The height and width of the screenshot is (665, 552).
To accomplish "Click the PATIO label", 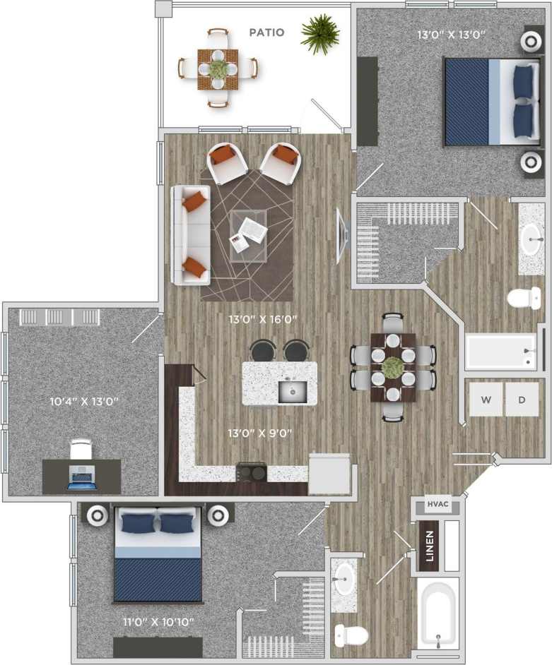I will point(266,32).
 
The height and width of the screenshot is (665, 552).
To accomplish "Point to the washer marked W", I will point(486,400).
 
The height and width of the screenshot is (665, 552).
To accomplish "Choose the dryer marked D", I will point(522,400).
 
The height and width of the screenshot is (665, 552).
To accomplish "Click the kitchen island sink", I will point(292,390).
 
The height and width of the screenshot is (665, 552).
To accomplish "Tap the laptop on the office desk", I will point(81,477).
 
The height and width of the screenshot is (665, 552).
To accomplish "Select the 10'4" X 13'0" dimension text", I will point(83,402).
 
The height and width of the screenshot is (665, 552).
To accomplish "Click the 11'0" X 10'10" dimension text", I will point(158,622).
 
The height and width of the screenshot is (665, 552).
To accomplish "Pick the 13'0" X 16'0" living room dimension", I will point(262,319).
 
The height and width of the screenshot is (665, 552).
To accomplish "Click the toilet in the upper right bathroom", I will point(524,297).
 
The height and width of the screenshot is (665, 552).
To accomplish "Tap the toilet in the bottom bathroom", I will point(351,635).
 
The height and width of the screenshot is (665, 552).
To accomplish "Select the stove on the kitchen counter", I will point(251,471).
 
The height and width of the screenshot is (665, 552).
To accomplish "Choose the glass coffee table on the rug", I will point(248,234).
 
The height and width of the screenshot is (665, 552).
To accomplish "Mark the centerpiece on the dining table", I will point(393,367).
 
